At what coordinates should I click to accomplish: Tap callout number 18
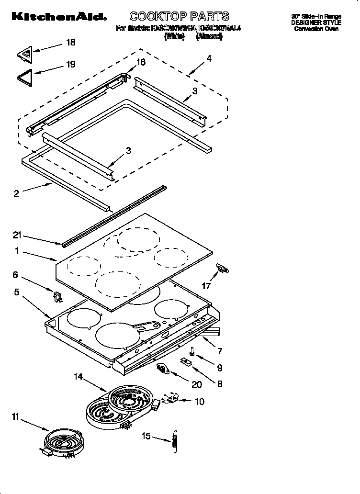tap(70, 43)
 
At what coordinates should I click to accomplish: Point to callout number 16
tap(141, 62)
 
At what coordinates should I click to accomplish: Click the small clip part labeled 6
tap(58, 297)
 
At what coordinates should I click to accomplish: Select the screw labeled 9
tap(192, 352)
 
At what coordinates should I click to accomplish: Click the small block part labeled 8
tap(188, 362)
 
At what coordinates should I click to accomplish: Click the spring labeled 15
tap(175, 438)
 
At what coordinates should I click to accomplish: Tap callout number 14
tap(78, 377)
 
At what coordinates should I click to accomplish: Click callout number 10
tap(199, 401)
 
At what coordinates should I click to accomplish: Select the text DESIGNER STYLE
tap(317, 22)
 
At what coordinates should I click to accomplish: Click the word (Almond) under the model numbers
tap(209, 36)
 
